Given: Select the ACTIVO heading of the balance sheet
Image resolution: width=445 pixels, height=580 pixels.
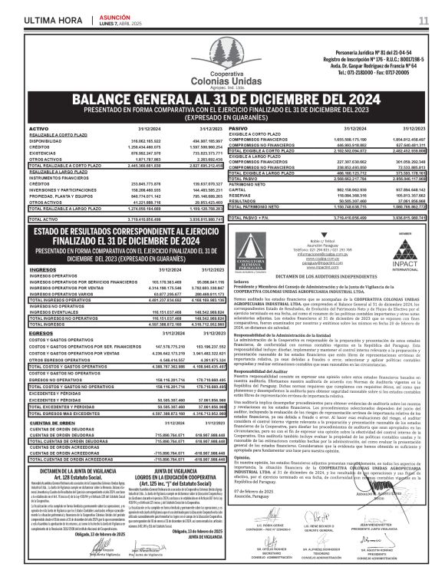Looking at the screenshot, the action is (x=38, y=128).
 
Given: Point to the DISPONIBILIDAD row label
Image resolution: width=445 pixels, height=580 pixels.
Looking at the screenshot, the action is (x=45, y=141).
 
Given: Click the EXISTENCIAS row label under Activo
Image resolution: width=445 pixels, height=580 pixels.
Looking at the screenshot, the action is (x=41, y=153).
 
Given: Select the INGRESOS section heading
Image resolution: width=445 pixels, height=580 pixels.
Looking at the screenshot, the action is (x=41, y=270).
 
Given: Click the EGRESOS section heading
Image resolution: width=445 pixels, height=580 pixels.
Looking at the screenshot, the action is (x=41, y=334).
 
